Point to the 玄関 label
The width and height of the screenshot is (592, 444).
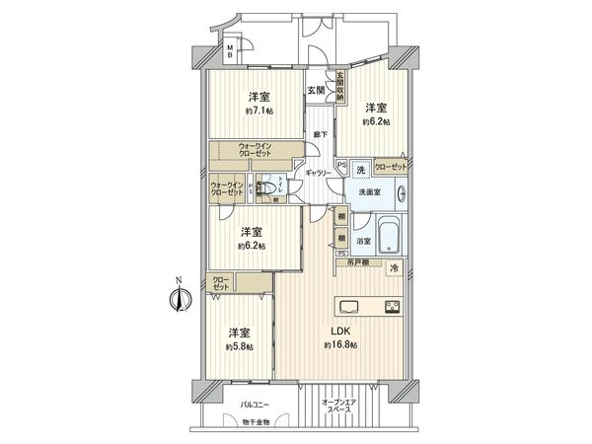pos(315,90)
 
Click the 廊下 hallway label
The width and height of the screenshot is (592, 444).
pos(318,133)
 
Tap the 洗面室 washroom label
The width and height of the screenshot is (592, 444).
pos(371,192)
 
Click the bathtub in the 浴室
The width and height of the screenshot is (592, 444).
pos(391,234)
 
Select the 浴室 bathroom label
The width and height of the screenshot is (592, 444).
pos(362,240)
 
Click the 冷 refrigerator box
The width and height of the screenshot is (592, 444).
pos(393,267)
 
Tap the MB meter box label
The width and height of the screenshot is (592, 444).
pos(230,53)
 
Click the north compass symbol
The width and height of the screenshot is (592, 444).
pos(179,300)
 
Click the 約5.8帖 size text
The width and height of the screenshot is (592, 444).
pos(240,347)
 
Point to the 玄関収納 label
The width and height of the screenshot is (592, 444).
pos(339,86)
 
